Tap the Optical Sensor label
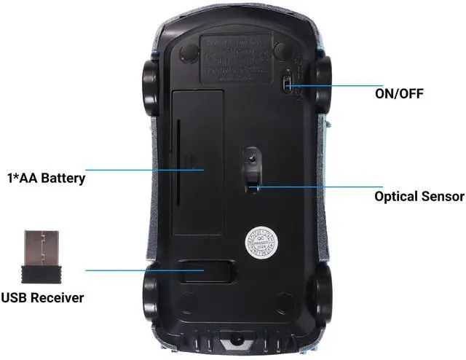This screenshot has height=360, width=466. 419,196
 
